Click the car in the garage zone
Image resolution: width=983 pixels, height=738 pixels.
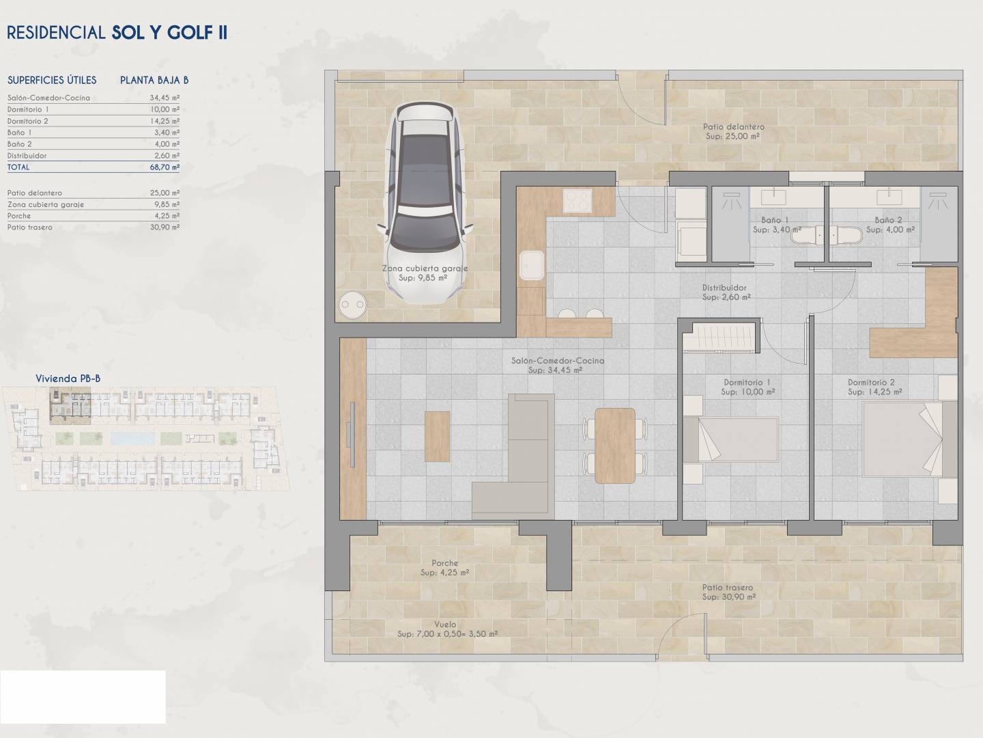[x=425, y=202]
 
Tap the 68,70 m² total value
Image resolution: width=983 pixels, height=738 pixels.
[x=165, y=167]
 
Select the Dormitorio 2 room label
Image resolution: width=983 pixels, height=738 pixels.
[x=871, y=382]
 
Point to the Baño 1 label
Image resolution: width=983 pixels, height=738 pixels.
[x=775, y=220]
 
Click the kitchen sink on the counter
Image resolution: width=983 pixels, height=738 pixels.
[x=532, y=265]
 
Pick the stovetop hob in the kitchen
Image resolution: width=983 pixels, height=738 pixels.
[x=578, y=200]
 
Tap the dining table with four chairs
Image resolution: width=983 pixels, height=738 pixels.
[x=615, y=446]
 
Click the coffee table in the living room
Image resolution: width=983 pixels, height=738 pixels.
[x=437, y=437]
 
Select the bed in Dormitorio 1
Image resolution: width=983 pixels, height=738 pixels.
[x=730, y=439]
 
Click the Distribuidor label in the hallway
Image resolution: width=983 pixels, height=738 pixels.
[x=724, y=288]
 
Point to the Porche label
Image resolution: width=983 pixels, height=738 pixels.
[x=444, y=563]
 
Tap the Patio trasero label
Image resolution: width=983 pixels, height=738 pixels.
[x=728, y=588]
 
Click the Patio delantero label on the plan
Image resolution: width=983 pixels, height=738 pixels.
[x=734, y=127]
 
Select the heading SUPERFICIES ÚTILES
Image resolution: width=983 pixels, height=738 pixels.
[x=52, y=80]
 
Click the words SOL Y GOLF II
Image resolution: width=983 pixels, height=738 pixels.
[x=169, y=33]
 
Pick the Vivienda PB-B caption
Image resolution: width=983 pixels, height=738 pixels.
[x=68, y=379]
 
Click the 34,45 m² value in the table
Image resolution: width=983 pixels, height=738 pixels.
[x=165, y=98]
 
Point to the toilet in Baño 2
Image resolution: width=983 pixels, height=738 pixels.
[x=846, y=235]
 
